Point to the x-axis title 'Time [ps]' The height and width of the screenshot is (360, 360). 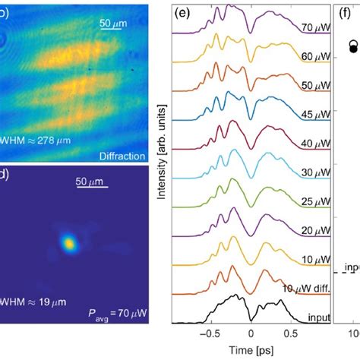tap(249, 351)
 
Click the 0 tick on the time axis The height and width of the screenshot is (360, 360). tap(251, 333)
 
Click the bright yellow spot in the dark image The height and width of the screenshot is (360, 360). tap(69, 243)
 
